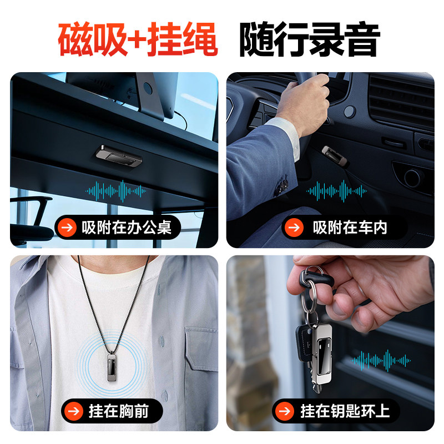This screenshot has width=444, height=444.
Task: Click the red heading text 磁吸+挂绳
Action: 138,39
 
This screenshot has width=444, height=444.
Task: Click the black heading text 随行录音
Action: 310,39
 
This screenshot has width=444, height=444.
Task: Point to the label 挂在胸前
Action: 118,411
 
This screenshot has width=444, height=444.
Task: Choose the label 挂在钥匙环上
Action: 345,411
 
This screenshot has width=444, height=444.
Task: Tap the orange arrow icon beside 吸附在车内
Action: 294,227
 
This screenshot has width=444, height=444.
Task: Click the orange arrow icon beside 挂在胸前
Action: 73,411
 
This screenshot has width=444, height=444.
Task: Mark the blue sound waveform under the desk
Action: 116,191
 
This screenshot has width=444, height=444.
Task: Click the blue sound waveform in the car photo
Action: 336,191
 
